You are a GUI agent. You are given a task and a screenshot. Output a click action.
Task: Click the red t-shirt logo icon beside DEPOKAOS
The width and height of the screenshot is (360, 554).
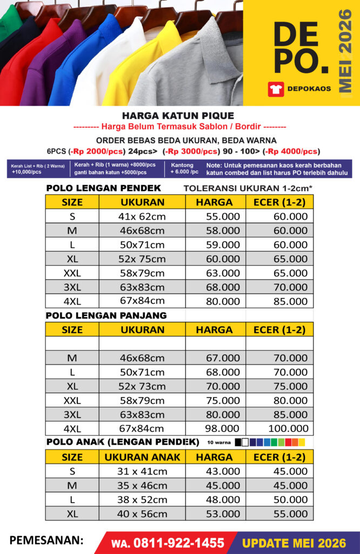pyautogui.click(x=276, y=89)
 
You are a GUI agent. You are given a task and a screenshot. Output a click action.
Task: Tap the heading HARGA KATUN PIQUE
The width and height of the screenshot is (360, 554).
pyautogui.click(x=178, y=115)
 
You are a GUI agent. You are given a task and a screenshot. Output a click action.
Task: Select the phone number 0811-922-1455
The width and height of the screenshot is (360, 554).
pyautogui.click(x=175, y=543)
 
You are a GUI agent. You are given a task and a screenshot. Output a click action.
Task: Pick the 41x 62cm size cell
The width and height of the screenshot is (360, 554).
pyautogui.click(x=142, y=216)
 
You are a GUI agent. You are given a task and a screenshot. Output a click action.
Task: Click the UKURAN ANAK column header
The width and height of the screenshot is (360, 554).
pyautogui.click(x=142, y=457)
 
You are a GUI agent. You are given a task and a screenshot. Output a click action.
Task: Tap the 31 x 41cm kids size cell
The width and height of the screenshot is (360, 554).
pyautogui.click(x=142, y=471)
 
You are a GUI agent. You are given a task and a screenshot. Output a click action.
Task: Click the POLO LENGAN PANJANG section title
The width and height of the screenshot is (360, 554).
pyautogui.click(x=106, y=315)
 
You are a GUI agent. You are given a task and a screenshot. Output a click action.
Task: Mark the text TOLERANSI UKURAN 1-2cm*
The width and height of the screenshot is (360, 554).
pyautogui.click(x=248, y=188)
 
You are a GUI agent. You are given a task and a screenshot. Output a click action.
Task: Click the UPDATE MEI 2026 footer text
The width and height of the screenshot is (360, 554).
pyautogui.click(x=294, y=543)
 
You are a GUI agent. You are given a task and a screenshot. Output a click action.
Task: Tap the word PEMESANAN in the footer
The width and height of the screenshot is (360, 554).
pyautogui.click(x=46, y=540)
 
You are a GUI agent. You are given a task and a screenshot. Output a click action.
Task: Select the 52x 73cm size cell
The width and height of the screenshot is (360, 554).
pyautogui.click(x=142, y=386)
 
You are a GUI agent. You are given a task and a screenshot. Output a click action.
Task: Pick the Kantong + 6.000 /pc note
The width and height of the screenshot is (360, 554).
pyautogui.click(x=184, y=168)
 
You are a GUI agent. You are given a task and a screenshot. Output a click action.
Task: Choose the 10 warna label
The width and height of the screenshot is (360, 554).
pyautogui.click(x=218, y=443)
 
